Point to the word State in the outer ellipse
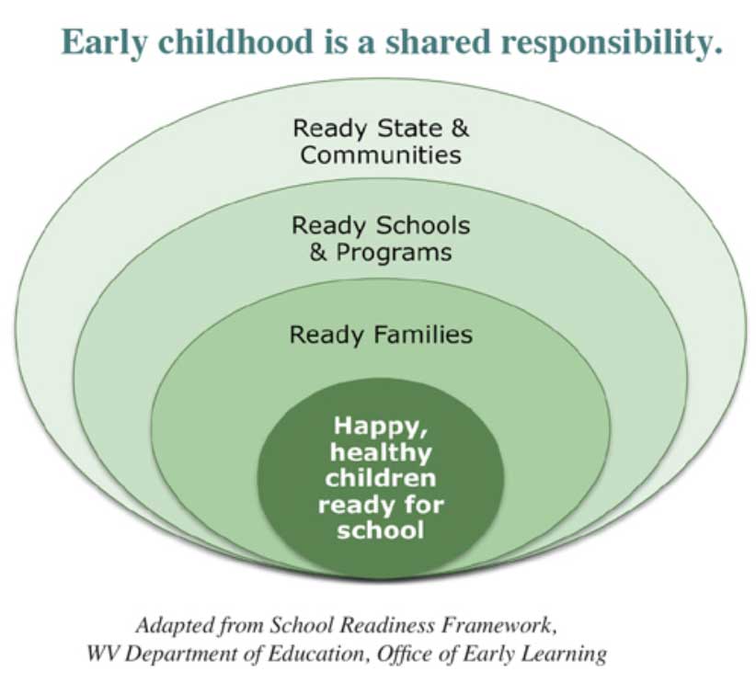[x=407, y=128]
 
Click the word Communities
[x=380, y=154]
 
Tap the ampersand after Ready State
[x=460, y=128]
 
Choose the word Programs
[x=394, y=252]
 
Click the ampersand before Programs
[x=318, y=252]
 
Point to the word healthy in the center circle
[x=380, y=452]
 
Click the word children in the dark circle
[x=380, y=478]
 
